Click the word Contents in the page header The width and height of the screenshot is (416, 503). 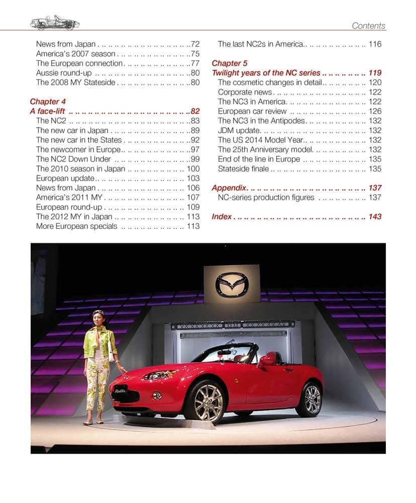click(x=368, y=26)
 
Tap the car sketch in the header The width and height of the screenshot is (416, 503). click(x=55, y=23)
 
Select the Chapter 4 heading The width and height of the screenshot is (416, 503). click(x=48, y=102)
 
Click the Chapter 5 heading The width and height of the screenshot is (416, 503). click(x=230, y=63)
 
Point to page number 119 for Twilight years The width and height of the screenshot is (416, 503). click(x=375, y=73)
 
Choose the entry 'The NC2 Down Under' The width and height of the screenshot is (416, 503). click(x=73, y=159)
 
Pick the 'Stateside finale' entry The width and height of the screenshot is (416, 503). click(x=243, y=169)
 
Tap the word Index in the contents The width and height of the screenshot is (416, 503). click(x=222, y=216)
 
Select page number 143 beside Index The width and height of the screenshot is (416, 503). click(x=375, y=216)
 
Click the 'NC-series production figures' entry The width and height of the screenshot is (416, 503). click(x=266, y=197)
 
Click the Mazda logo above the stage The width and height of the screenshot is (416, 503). click(x=232, y=285)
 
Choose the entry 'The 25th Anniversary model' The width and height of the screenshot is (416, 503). click(x=265, y=149)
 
